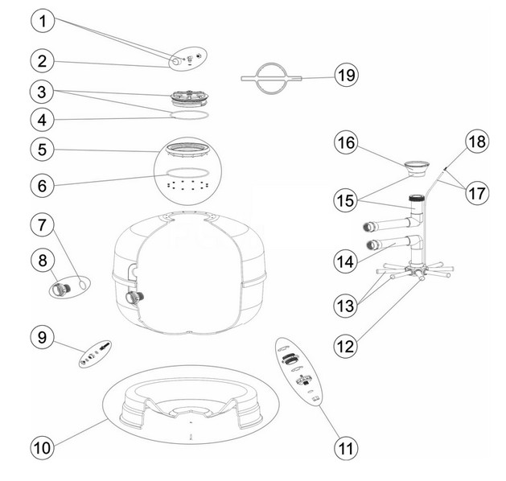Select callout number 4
point(44,121)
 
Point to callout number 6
point(44,184)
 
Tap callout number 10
point(44,443)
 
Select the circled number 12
point(347,346)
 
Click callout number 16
point(347,142)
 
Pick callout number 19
point(347,76)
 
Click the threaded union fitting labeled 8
point(63,287)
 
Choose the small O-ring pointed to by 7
point(83,282)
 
